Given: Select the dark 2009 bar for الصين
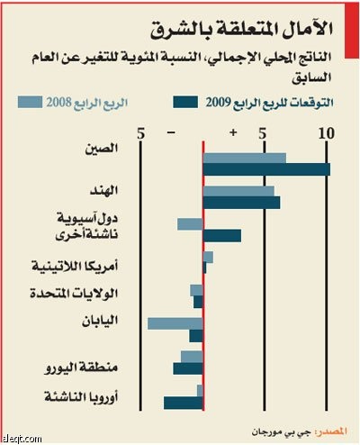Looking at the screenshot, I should tap(265, 168).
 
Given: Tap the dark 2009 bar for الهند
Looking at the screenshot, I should tap(241, 202).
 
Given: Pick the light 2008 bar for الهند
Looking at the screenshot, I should tap(238, 191).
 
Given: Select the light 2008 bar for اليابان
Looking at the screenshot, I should tap(175, 322).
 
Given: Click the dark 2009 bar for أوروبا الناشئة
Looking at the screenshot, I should tap(184, 402).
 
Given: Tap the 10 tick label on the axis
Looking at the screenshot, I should tap(327, 135).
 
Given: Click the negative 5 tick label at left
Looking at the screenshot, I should tap(140, 135).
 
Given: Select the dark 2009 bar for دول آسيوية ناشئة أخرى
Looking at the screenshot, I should tap(221, 235).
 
